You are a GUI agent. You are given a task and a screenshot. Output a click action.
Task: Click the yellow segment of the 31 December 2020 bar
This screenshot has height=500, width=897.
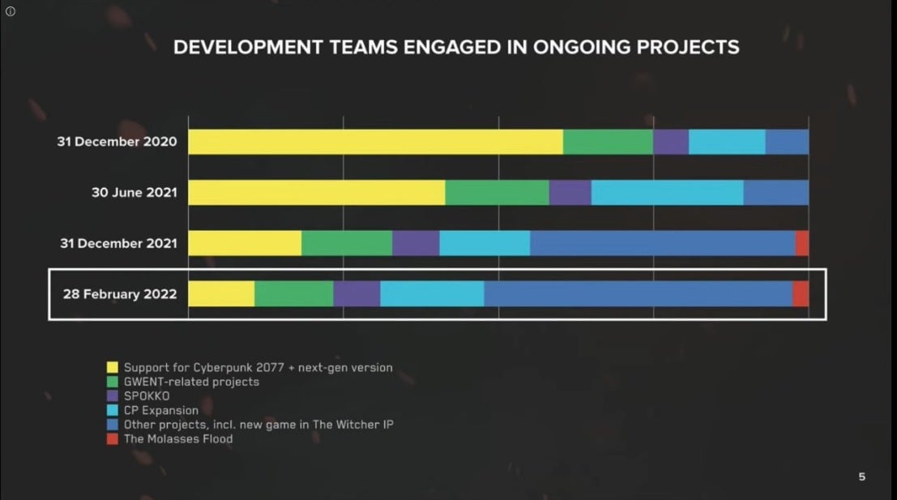(x=375, y=142)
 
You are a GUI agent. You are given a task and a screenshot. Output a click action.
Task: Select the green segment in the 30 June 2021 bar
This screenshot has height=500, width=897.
(x=497, y=193)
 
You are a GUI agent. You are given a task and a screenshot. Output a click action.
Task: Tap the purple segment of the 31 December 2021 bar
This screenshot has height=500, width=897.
(x=416, y=243)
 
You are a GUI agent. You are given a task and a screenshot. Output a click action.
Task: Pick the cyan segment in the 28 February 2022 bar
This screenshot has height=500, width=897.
(x=432, y=293)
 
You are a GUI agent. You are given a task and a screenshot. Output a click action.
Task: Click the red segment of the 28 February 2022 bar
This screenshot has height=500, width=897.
(x=801, y=293)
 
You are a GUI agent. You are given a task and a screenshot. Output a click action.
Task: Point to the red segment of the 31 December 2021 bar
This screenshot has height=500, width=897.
(x=802, y=243)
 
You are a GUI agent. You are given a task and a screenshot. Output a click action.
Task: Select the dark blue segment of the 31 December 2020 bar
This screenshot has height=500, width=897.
(x=787, y=142)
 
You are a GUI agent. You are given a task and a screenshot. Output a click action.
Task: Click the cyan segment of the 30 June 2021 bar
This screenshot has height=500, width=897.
(x=667, y=193)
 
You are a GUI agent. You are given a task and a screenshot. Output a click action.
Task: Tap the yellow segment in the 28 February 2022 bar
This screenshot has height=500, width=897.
(x=221, y=293)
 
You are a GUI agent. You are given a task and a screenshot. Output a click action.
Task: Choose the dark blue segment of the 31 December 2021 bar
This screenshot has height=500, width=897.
(x=662, y=243)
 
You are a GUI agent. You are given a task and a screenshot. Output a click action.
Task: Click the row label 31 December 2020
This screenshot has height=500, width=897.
(x=116, y=142)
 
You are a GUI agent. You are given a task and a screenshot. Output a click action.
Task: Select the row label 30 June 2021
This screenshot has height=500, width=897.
(x=134, y=193)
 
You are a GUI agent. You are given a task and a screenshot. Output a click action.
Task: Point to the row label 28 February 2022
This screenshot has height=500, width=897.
(x=120, y=293)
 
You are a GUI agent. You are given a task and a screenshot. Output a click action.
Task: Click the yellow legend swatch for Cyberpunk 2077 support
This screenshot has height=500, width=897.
(x=113, y=368)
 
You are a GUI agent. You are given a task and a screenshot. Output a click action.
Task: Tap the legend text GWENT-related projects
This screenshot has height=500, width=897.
(x=191, y=382)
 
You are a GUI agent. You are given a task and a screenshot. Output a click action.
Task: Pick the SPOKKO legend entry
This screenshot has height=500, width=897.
(x=147, y=396)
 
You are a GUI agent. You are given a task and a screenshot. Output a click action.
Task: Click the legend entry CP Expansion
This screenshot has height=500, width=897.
(x=160, y=410)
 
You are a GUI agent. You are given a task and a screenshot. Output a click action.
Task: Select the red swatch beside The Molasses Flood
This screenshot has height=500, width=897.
(x=113, y=439)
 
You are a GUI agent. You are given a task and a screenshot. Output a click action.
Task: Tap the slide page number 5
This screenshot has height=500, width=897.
(x=861, y=476)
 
